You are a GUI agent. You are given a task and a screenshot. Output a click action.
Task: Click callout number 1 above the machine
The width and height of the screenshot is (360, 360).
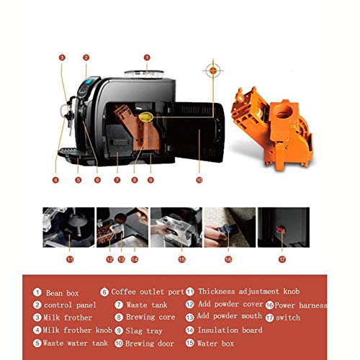(x=147, y=58)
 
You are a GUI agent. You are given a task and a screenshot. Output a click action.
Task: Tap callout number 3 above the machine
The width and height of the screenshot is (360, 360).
(x=62, y=58)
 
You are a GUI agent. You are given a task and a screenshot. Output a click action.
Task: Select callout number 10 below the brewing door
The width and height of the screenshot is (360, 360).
(x=199, y=180)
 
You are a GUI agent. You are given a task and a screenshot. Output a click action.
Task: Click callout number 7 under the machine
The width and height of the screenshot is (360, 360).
(x=117, y=180)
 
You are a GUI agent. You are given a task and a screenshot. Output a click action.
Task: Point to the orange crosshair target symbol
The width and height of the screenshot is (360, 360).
(x=213, y=71)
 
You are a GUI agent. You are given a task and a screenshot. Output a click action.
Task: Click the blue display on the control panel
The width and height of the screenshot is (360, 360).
(x=89, y=81)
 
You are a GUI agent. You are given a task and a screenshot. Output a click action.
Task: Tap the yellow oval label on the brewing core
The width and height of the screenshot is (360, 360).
(x=145, y=117)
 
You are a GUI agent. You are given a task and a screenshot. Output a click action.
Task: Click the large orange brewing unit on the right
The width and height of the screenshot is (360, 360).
(x=272, y=127)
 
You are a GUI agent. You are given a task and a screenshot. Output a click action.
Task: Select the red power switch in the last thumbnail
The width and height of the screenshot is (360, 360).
(x=281, y=229)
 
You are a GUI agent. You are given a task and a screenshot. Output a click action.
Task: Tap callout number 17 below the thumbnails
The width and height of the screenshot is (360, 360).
(x=282, y=259)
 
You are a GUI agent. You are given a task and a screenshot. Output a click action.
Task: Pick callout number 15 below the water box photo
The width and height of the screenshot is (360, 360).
(x=182, y=259)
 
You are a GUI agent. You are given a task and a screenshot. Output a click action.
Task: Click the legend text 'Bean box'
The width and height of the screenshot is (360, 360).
(x=63, y=293)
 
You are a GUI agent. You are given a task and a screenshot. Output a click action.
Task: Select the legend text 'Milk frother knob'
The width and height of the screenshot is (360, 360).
(x=77, y=330)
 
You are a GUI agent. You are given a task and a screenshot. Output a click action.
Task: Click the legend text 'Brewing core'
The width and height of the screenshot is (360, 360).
(x=150, y=317)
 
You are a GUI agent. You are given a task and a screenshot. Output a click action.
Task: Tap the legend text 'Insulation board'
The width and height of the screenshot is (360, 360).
(x=230, y=330)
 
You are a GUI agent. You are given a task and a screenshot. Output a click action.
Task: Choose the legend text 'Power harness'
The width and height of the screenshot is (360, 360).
(x=301, y=305)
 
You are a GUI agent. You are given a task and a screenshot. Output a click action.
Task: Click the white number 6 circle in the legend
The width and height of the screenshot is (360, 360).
(x=104, y=292)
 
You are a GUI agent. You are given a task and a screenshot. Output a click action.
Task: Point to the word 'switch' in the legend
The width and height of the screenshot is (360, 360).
(x=288, y=318)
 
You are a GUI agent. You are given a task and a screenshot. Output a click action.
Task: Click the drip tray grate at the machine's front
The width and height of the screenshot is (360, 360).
(x=68, y=151)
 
